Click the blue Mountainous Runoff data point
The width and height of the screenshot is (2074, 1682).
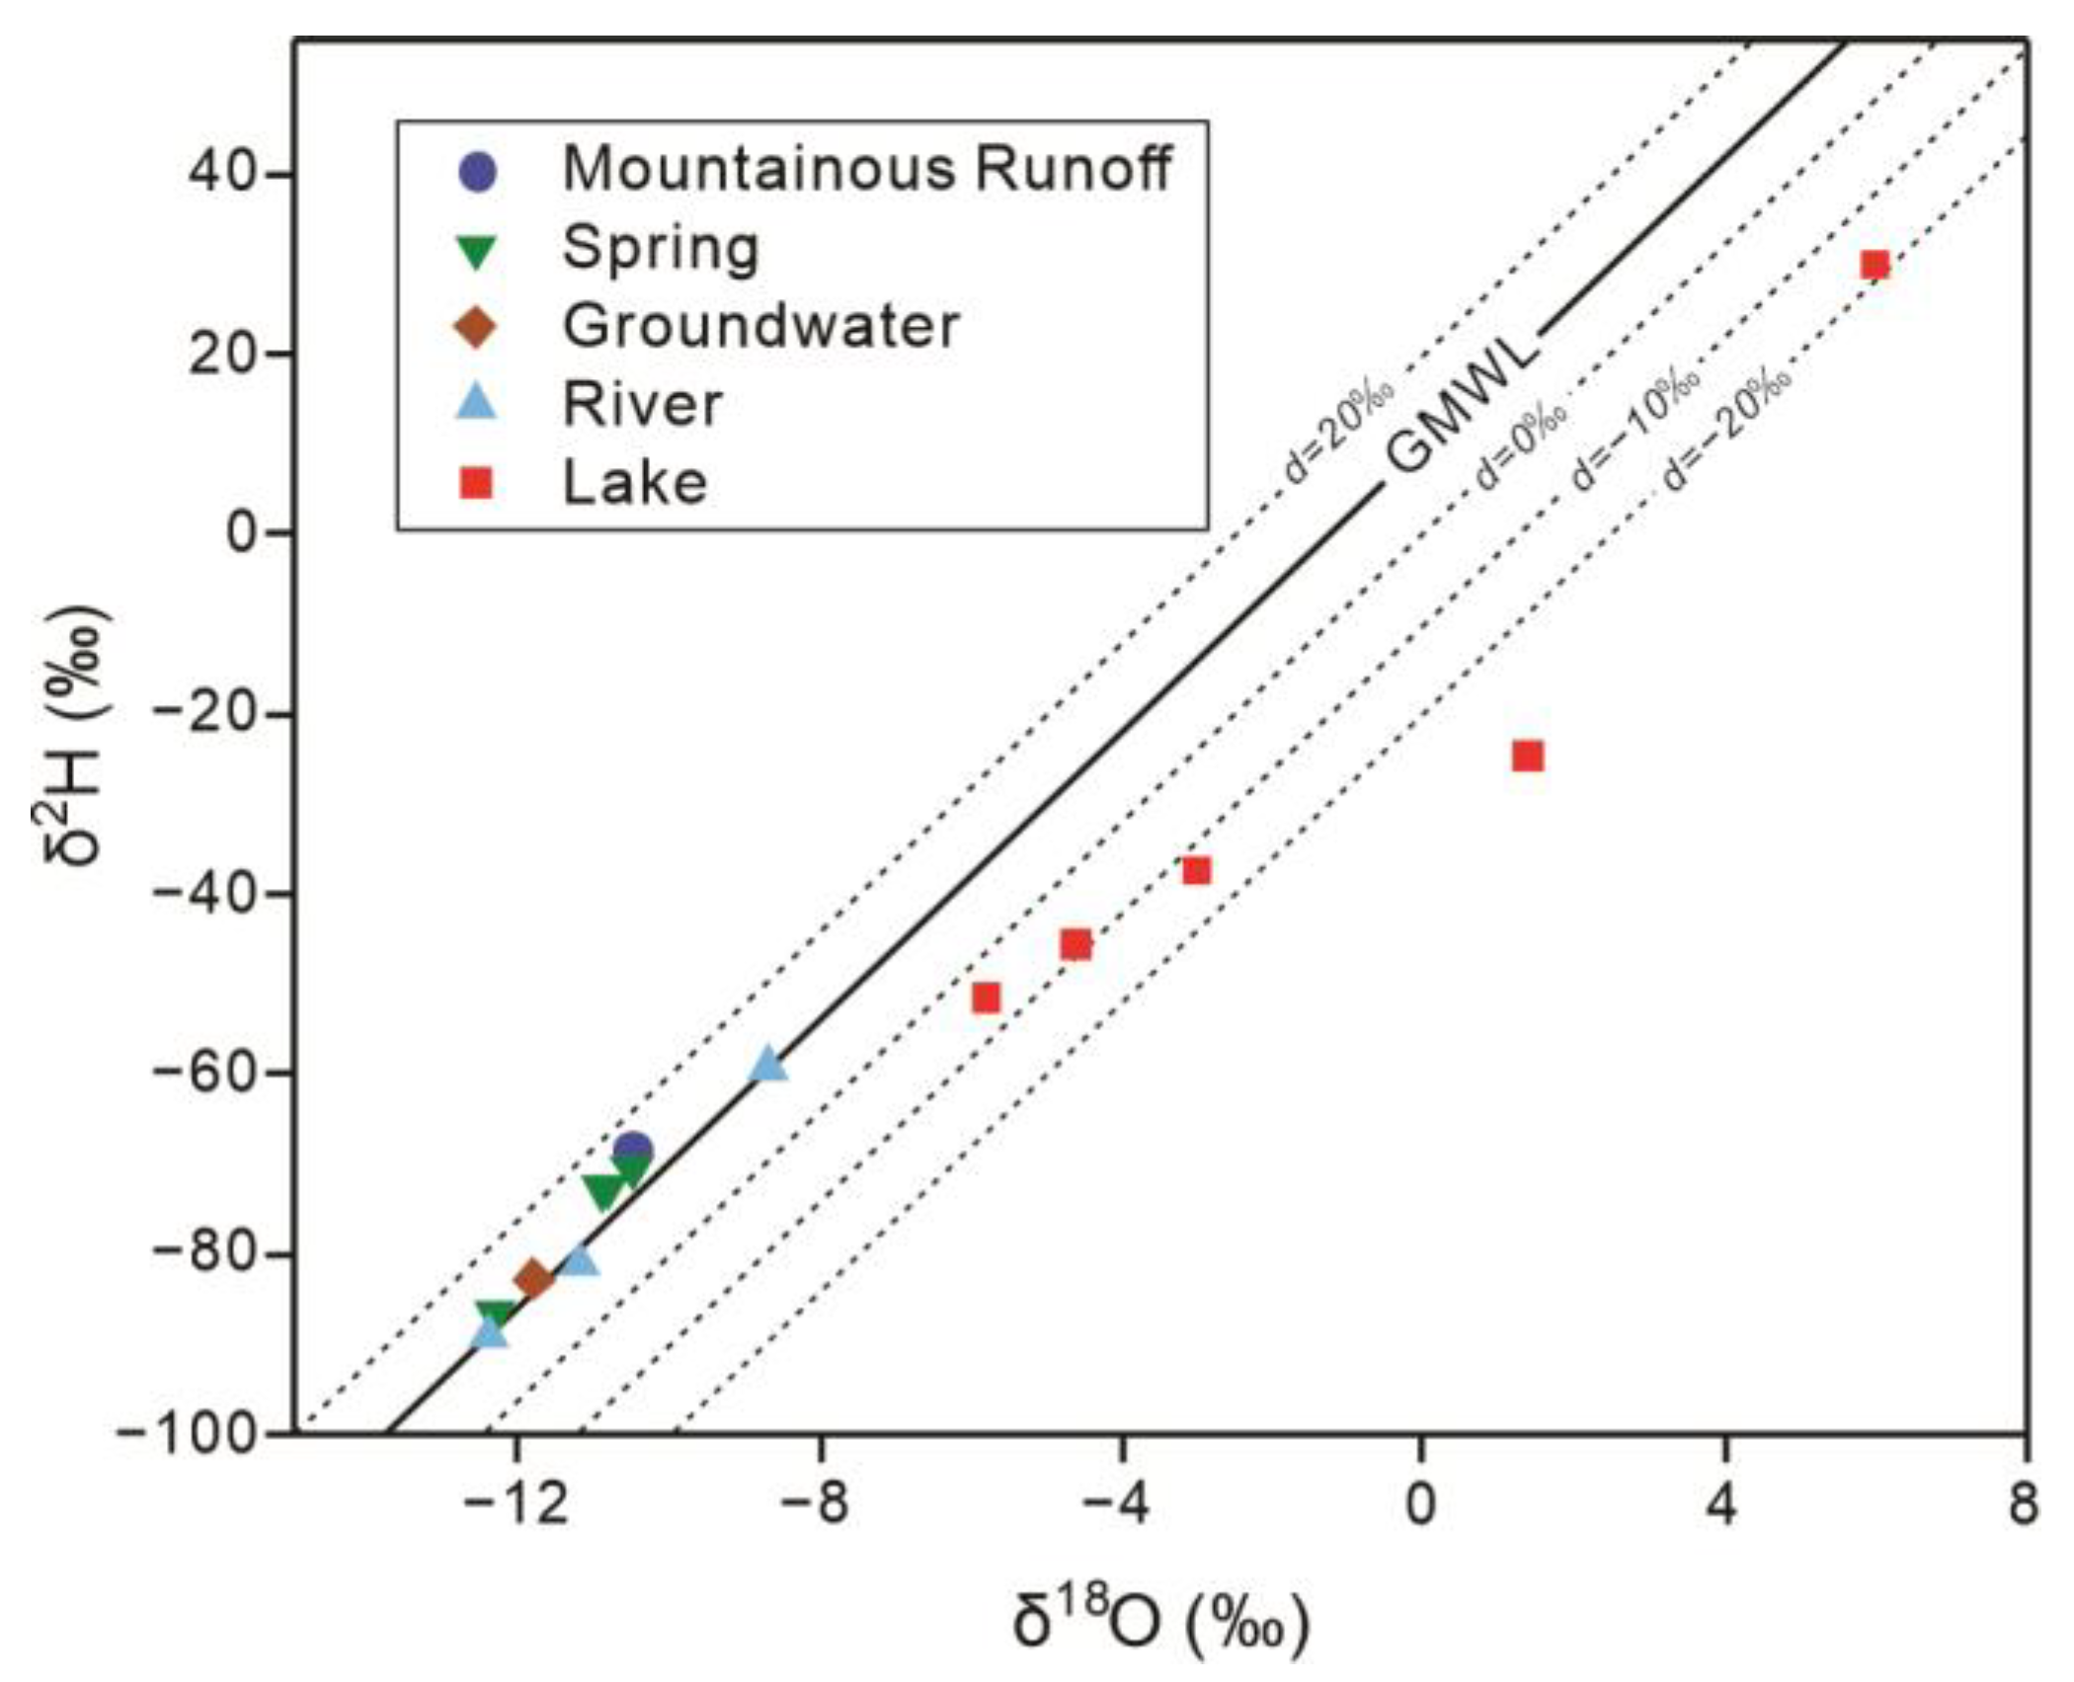[633, 1150]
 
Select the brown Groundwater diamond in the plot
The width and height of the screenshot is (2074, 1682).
[534, 1279]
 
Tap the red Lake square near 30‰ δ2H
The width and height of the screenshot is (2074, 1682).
[1875, 265]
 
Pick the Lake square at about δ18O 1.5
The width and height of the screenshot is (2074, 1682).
[1527, 756]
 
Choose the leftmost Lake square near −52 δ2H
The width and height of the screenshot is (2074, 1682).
[986, 998]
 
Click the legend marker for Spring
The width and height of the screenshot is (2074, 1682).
[478, 251]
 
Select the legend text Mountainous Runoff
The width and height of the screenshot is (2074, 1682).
[866, 169]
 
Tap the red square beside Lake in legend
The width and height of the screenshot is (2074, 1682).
[478, 484]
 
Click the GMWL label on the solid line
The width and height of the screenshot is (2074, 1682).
[1462, 406]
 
